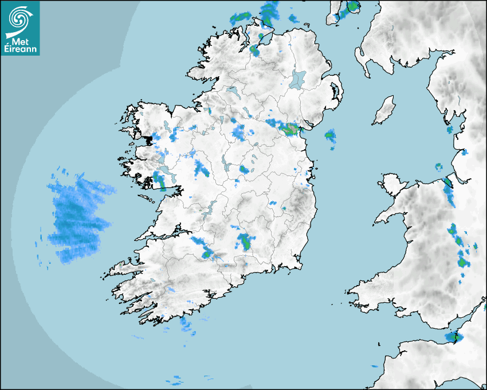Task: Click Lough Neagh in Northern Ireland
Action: pyautogui.click(x=297, y=79)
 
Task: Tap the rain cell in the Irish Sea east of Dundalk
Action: pyautogui.click(x=330, y=136)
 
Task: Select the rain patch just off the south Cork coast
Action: pyautogui.click(x=186, y=325)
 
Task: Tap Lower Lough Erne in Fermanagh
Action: pyautogui.click(x=231, y=91)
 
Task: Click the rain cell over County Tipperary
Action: pyautogui.click(x=246, y=241)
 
